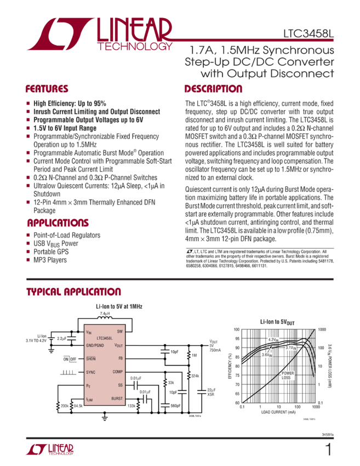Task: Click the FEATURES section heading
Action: tap(47, 89)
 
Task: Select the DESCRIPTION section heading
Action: tap(213, 89)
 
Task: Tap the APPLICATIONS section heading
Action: tap(58, 223)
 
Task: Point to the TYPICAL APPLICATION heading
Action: tap(73, 291)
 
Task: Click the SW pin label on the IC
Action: tap(119, 332)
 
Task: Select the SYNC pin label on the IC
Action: tap(91, 372)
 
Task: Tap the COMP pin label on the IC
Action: tap(117, 372)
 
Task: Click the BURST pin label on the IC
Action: tap(117, 399)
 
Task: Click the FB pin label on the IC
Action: tap(120, 359)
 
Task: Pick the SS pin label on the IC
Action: tap(120, 385)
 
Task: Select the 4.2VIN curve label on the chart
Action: tap(273, 340)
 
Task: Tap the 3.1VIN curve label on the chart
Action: tap(290, 347)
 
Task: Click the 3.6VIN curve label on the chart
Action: tap(267, 355)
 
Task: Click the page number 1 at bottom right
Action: tap(328, 450)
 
